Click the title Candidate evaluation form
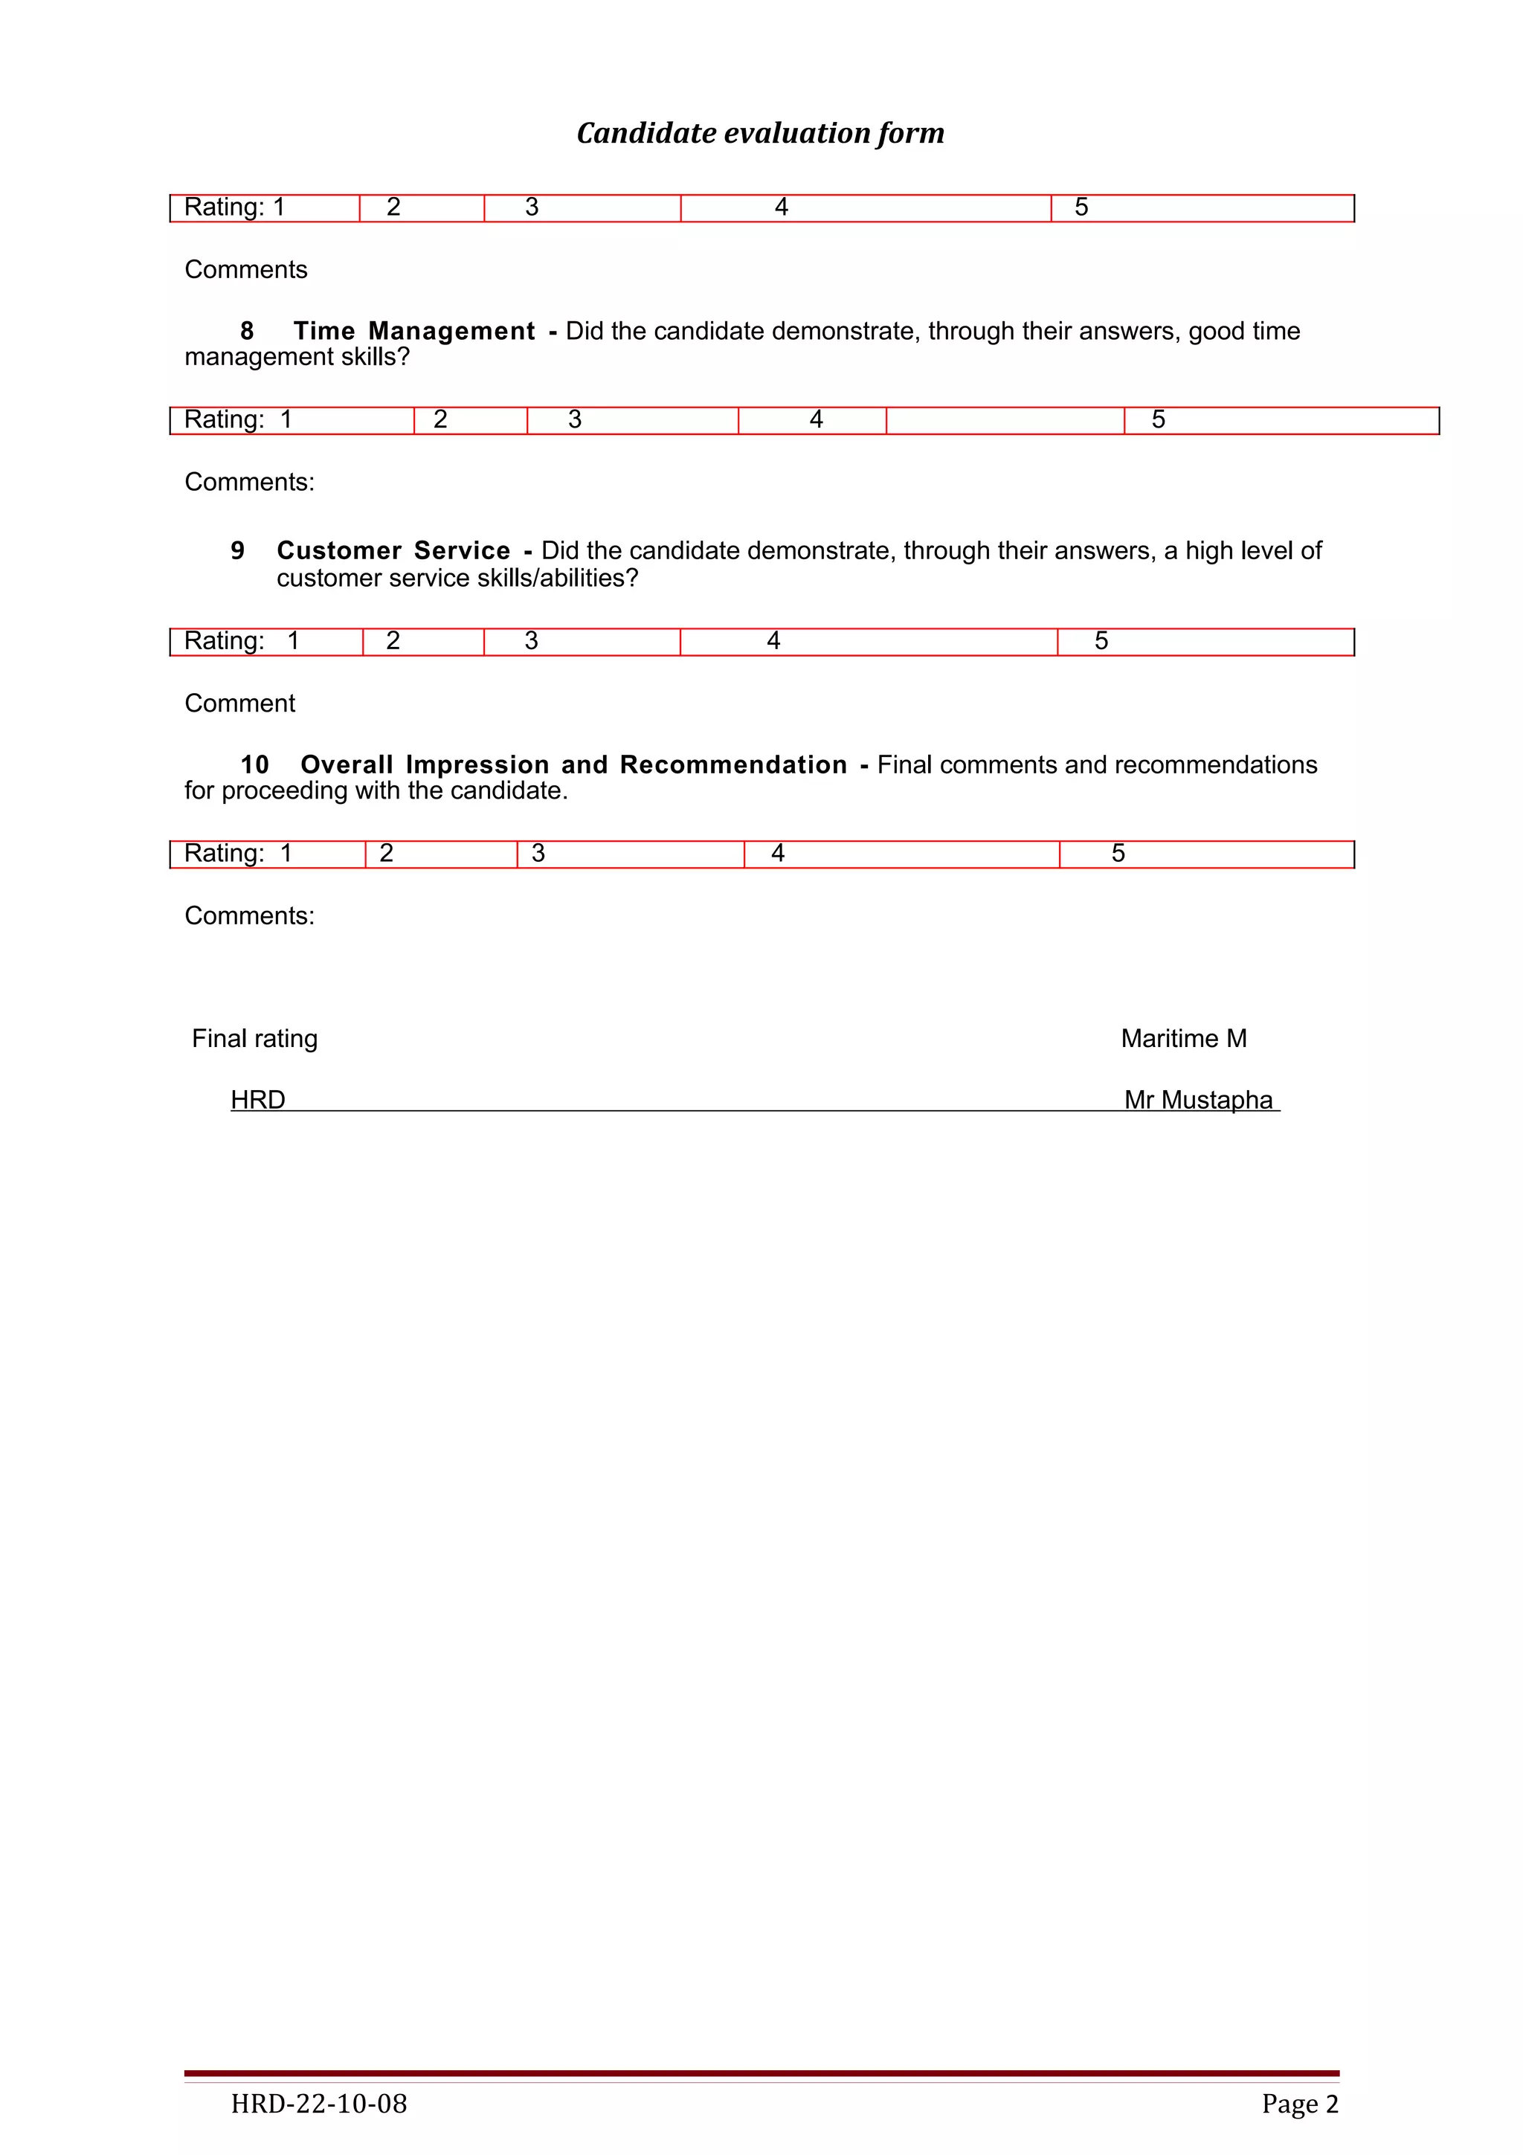tap(760, 133)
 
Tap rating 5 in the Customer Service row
tap(1101, 641)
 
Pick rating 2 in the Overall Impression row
tap(387, 853)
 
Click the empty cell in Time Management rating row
tap(1004, 420)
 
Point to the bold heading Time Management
tap(413, 332)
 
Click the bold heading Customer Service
tap(393, 551)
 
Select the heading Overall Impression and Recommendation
tap(573, 765)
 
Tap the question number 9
tap(237, 551)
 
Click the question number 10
tap(254, 765)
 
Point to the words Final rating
tap(254, 1039)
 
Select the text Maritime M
tap(1183, 1039)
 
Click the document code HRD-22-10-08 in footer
tap(319, 2104)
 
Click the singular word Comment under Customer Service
tap(239, 704)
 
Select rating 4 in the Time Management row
tap(817, 419)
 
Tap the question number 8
tap(247, 332)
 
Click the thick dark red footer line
tap(761, 2072)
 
